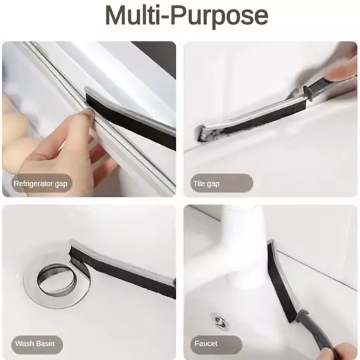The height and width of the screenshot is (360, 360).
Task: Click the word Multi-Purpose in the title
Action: coord(187,16)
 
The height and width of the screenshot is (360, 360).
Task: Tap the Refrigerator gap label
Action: coord(41,184)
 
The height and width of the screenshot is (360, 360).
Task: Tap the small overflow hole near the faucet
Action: coord(219,321)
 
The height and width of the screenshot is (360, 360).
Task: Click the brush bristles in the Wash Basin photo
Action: coord(122,275)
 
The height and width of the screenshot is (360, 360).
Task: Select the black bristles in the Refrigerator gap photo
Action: coord(131,122)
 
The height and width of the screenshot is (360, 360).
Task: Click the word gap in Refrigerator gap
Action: coord(61,184)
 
